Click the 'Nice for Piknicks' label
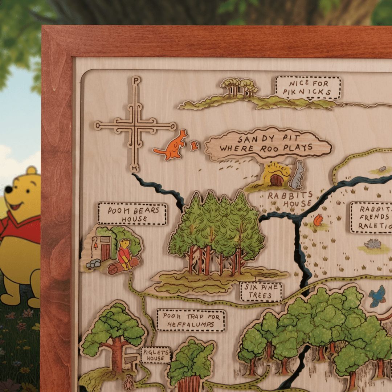pyautogui.click(x=308, y=88)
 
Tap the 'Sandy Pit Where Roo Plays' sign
pyautogui.click(x=268, y=143)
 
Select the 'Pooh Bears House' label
pyautogui.click(x=132, y=214)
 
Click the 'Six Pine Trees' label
pyautogui.click(x=261, y=291)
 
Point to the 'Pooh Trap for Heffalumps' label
pyautogui.click(x=191, y=320)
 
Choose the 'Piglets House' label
pyautogui.click(x=155, y=355)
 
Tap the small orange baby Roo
pyautogui.click(x=195, y=145)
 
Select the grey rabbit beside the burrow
pyautogui.click(x=298, y=176)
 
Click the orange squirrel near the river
pyautogui.click(x=318, y=220)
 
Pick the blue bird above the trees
pyautogui.click(x=377, y=296)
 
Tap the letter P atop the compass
pyautogui.click(x=136, y=81)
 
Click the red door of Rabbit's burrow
pyautogui.click(x=277, y=180)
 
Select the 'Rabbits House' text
pyautogui.click(x=290, y=200)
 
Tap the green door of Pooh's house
pyautogui.click(x=106, y=249)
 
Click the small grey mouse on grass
pyautogui.click(x=382, y=169)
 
